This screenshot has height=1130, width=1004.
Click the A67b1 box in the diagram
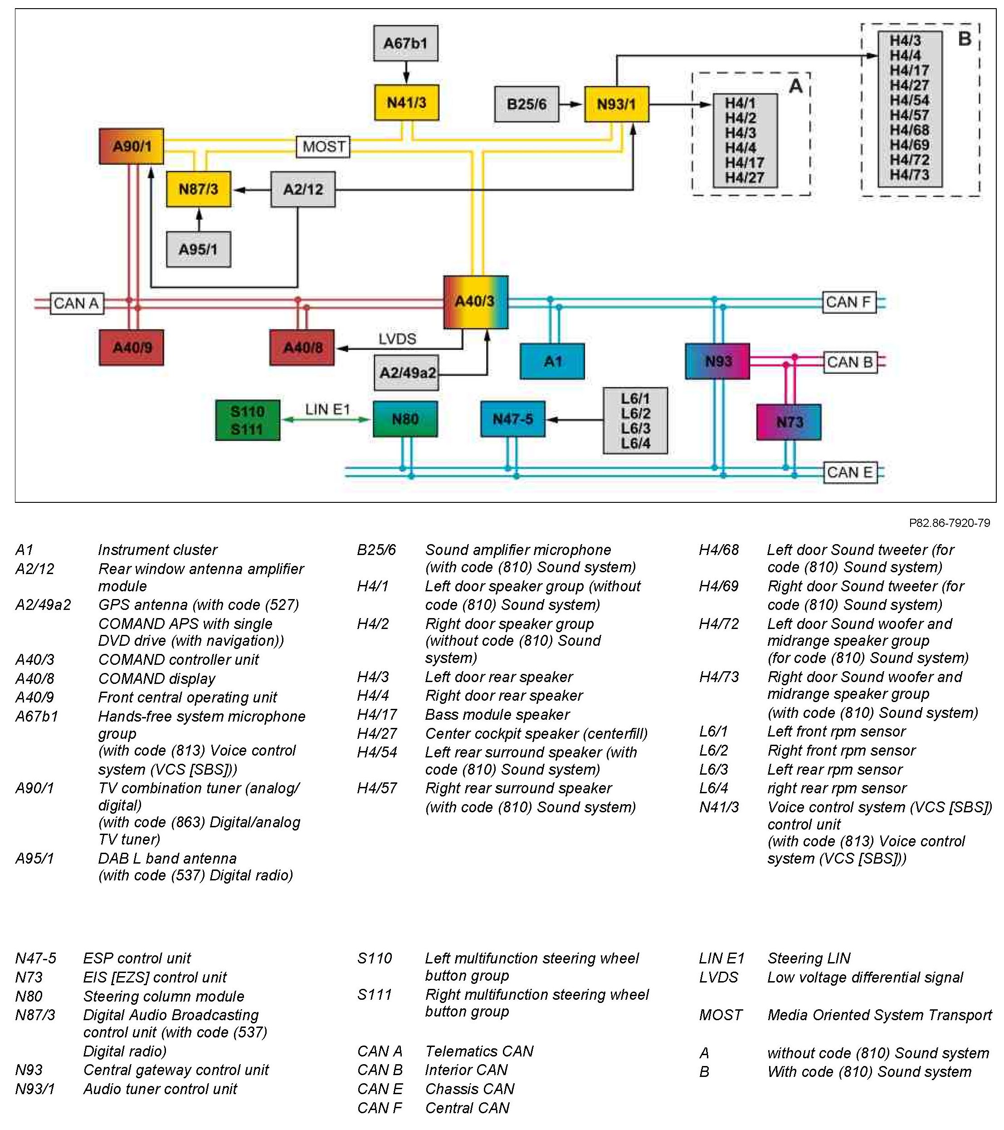(405, 43)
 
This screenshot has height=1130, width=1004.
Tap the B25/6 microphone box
(526, 104)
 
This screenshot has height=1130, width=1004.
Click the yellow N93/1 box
(617, 104)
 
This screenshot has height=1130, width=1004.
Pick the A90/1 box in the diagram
(132, 147)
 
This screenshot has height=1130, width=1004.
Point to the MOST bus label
(323, 147)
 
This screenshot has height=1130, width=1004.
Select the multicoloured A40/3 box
(476, 302)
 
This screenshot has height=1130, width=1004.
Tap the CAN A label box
(77, 304)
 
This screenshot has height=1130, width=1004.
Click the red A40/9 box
(132, 348)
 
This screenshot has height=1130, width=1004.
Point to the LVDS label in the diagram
(397, 339)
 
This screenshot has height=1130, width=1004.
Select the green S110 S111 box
(248, 421)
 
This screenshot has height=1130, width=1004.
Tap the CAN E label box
(850, 473)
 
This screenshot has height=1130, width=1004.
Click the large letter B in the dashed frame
(965, 39)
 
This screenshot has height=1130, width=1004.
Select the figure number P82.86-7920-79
(949, 523)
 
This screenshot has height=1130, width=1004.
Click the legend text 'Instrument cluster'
(157, 550)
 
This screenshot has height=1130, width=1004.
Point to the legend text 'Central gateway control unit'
(175, 1070)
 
